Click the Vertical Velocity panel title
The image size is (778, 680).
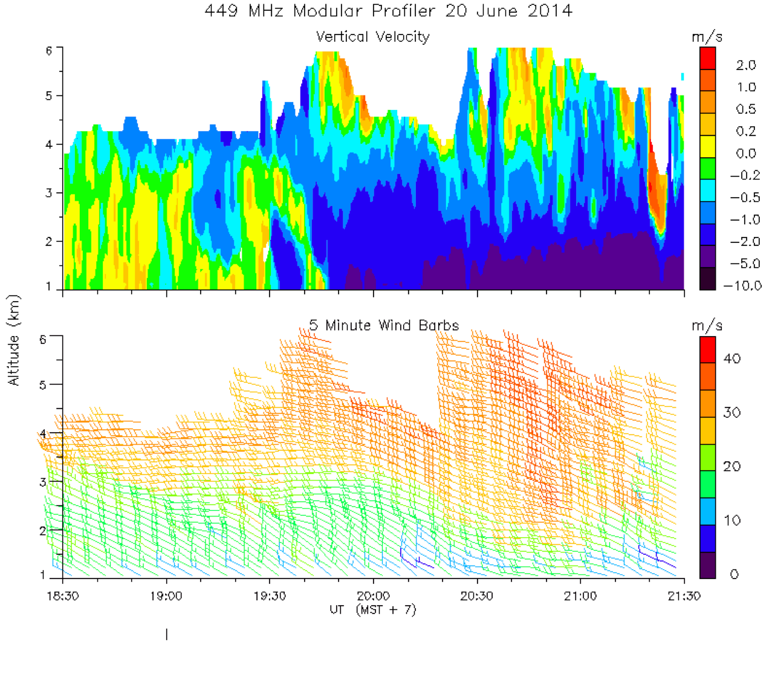click(372, 37)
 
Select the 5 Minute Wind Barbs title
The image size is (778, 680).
click(384, 325)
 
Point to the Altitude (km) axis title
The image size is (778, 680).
click(13, 340)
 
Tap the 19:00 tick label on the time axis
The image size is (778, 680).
click(166, 596)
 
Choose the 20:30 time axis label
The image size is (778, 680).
click(477, 596)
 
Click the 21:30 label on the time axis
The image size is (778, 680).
click(684, 596)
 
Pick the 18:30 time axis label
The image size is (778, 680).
click(63, 596)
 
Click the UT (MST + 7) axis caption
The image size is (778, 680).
click(372, 610)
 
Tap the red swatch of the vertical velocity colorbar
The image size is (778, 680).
click(707, 59)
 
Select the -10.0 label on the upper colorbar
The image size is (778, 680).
click(742, 285)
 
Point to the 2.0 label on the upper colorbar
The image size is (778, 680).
click(746, 65)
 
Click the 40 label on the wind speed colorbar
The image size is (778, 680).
click(732, 358)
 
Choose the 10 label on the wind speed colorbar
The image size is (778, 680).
click(732, 520)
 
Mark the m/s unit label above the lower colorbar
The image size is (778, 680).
click(707, 326)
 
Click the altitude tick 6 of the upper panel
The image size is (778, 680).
click(49, 51)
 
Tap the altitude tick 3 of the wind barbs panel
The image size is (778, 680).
click(43, 482)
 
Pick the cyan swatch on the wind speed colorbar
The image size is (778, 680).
click(707, 511)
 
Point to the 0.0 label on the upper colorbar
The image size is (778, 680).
click(746, 154)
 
